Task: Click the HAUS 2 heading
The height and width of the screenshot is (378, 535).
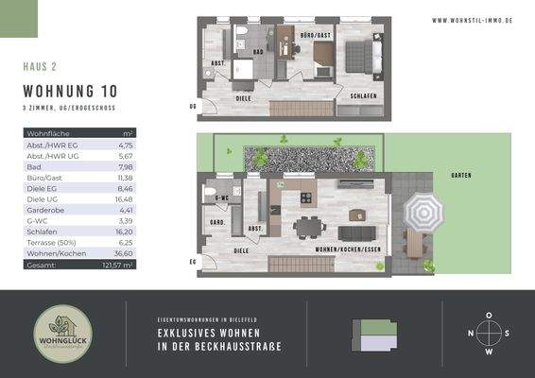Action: click(x=41, y=67)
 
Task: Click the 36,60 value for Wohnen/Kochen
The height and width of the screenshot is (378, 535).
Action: click(x=125, y=253)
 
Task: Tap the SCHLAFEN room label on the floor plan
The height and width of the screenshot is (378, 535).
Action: click(x=364, y=96)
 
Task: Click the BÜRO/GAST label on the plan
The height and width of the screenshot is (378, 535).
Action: click(x=315, y=35)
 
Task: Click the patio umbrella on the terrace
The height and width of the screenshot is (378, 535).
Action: click(x=423, y=214)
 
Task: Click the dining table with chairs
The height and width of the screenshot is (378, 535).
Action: click(x=307, y=227)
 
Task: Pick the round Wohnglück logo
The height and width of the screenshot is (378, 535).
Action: click(x=61, y=334)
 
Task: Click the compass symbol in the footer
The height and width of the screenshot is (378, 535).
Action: click(x=489, y=333)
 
